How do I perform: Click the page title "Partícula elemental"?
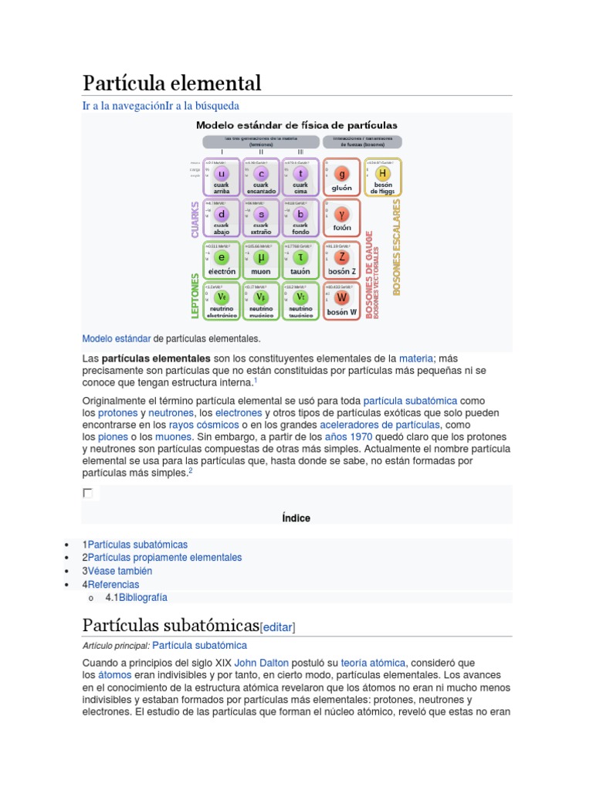click(172, 83)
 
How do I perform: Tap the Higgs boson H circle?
click(382, 174)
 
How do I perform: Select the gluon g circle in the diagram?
click(342, 174)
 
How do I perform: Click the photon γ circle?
click(342, 214)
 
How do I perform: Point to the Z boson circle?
click(342, 257)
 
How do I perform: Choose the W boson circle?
click(342, 297)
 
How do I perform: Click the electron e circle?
click(222, 257)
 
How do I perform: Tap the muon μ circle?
click(262, 257)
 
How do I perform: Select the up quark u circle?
click(222, 174)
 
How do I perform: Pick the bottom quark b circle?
click(301, 214)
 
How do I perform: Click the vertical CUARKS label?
click(195, 219)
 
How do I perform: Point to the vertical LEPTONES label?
click(195, 295)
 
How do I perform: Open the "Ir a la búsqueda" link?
click(202, 105)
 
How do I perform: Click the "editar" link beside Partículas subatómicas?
click(278, 627)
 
